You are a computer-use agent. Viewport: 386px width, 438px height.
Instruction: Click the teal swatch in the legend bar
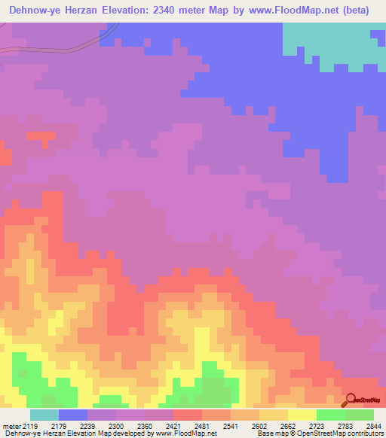click(44, 415)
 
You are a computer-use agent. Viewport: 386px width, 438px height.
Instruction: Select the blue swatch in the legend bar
click(73, 415)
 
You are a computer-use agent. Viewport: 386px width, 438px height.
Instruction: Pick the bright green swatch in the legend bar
click(330, 415)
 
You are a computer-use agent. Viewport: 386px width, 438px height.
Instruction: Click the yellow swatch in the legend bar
click(302, 415)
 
